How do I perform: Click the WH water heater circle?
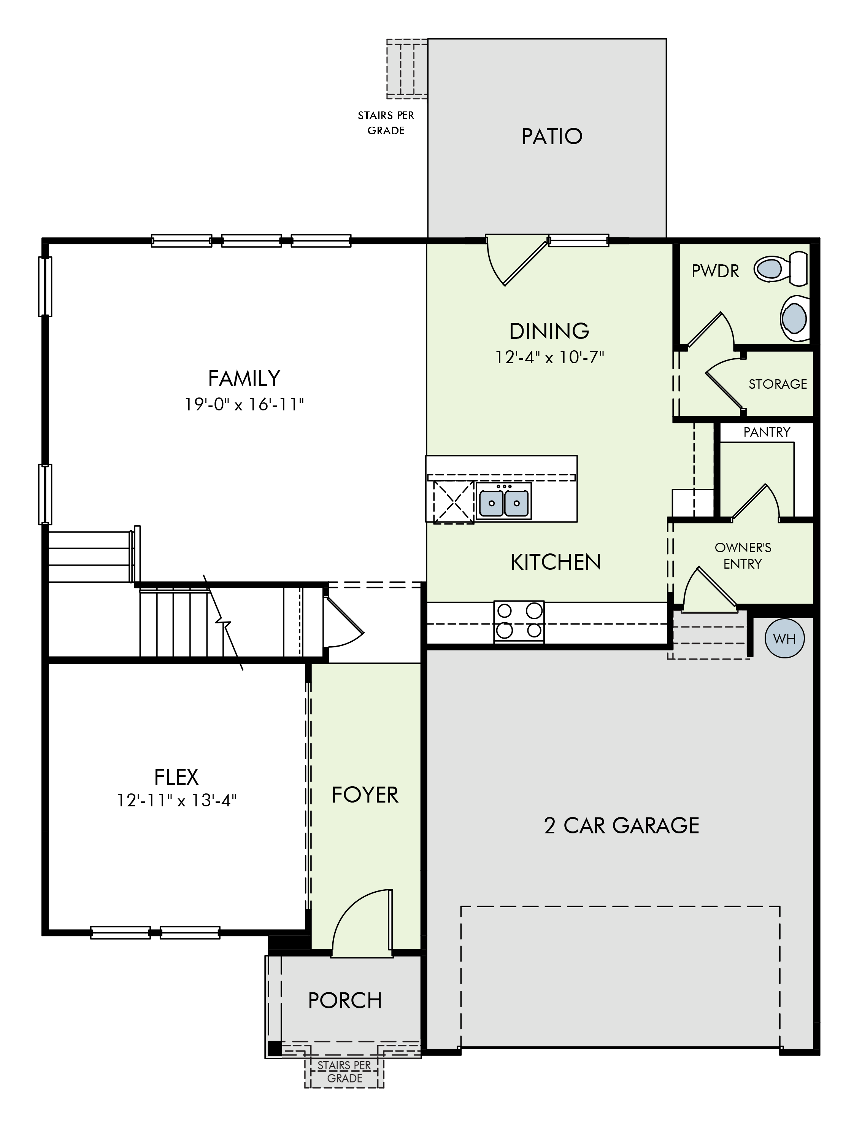pos(784,639)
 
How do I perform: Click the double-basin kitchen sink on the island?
pos(503,501)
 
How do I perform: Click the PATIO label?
pos(552,137)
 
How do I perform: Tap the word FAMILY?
pos(244,379)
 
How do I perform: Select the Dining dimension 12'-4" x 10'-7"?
pos(549,357)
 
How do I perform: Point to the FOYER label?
pos(365,795)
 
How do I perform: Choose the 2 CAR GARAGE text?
pos(621,826)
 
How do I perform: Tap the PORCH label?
pos(345,1000)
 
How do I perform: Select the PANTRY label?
pos(767,432)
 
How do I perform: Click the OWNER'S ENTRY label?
pos(743,556)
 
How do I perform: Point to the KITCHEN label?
pos(556,563)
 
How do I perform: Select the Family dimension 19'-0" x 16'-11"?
pos(244,405)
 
